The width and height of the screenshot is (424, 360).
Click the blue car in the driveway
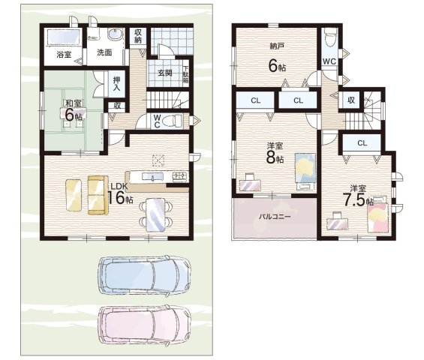pos(145,275)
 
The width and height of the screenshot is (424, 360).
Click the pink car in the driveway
pos(145,324)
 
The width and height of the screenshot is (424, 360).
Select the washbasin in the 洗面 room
pos(115,35)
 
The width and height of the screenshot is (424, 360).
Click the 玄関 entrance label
pos(165,73)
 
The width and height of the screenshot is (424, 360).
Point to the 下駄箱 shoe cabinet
pos(186,75)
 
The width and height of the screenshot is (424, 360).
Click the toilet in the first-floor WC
pos(174,121)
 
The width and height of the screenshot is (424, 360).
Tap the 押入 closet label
pos(117,84)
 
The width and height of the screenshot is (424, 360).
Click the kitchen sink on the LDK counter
pos(153,177)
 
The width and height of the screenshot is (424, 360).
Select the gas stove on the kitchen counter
pos(180,176)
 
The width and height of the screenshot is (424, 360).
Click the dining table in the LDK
pos(155,214)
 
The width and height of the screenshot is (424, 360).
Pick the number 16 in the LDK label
pos(116,197)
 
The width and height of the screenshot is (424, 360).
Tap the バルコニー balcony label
pos(275,217)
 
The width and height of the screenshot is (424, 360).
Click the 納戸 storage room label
pos(277,46)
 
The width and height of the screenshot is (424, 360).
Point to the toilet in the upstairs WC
pos(329,38)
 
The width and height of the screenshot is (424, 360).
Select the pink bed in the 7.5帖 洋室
pos(378,214)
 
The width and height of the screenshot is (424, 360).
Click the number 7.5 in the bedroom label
pos(354,199)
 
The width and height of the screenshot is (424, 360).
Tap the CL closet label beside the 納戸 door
pos(298,100)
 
